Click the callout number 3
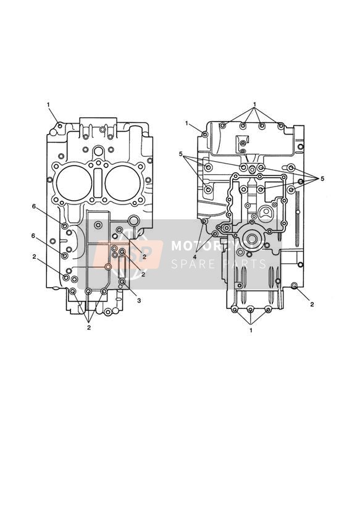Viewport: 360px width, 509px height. click(139, 301)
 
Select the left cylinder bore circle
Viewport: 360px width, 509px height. click(74, 182)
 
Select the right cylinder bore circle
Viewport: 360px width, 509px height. click(123, 182)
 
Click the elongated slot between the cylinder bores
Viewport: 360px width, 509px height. click(98, 183)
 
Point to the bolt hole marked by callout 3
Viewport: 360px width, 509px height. click(122, 282)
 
